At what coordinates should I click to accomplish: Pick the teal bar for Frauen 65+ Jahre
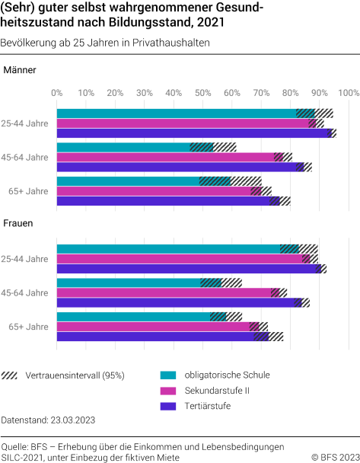point(133,317)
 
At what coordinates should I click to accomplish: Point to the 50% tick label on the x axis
point(203,93)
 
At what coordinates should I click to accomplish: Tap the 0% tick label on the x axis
point(57,93)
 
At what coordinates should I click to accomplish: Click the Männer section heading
point(20,71)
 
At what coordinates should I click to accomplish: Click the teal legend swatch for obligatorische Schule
point(169,375)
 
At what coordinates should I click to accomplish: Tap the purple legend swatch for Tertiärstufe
point(169,406)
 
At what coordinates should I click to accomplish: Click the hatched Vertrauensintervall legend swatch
point(11,375)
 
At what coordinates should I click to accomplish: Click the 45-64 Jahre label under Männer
point(25,157)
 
